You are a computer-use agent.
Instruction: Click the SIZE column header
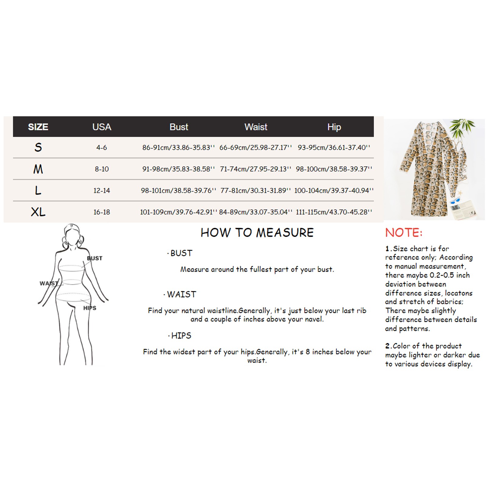pyautogui.click(x=38, y=127)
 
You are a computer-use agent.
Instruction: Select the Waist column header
pyautogui.click(x=256, y=127)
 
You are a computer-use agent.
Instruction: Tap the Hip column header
pyautogui.click(x=334, y=127)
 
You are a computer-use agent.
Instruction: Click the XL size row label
pyautogui.click(x=38, y=212)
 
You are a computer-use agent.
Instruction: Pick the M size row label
pyautogui.click(x=38, y=169)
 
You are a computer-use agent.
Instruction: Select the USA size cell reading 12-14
pyautogui.click(x=102, y=191)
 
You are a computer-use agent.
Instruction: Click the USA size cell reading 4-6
pyautogui.click(x=102, y=148)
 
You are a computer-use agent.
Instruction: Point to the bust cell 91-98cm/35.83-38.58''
pyautogui.click(x=178, y=169)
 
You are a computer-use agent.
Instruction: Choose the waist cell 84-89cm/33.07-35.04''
pyautogui.click(x=256, y=212)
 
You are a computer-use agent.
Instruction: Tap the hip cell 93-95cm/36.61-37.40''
pyautogui.click(x=334, y=148)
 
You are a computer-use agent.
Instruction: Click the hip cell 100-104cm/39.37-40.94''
pyautogui.click(x=334, y=191)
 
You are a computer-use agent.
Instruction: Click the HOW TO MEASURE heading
pyautogui.click(x=257, y=233)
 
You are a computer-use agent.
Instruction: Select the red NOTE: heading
pyautogui.click(x=404, y=233)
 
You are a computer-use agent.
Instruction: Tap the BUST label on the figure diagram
pyautogui.click(x=95, y=258)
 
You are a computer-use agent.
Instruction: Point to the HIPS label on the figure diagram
pyautogui.click(x=90, y=308)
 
